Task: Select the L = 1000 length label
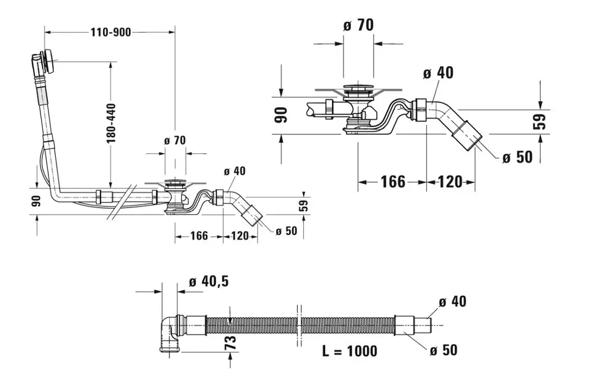pyautogui.click(x=350, y=351)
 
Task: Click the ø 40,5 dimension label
pyautogui.click(x=209, y=282)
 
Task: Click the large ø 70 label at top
pyautogui.click(x=359, y=25)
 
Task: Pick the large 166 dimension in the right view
pyautogui.click(x=393, y=182)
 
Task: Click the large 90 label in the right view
pyautogui.click(x=280, y=115)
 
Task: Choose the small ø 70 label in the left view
pyautogui.click(x=174, y=140)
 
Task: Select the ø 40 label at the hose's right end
pyautogui.click(x=453, y=301)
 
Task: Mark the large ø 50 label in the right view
pyautogui.click(x=518, y=157)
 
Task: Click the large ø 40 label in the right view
pyautogui.click(x=439, y=73)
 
